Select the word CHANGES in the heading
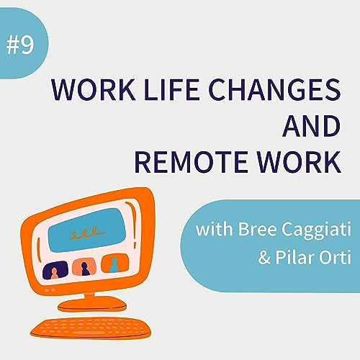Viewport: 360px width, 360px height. [278, 91]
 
